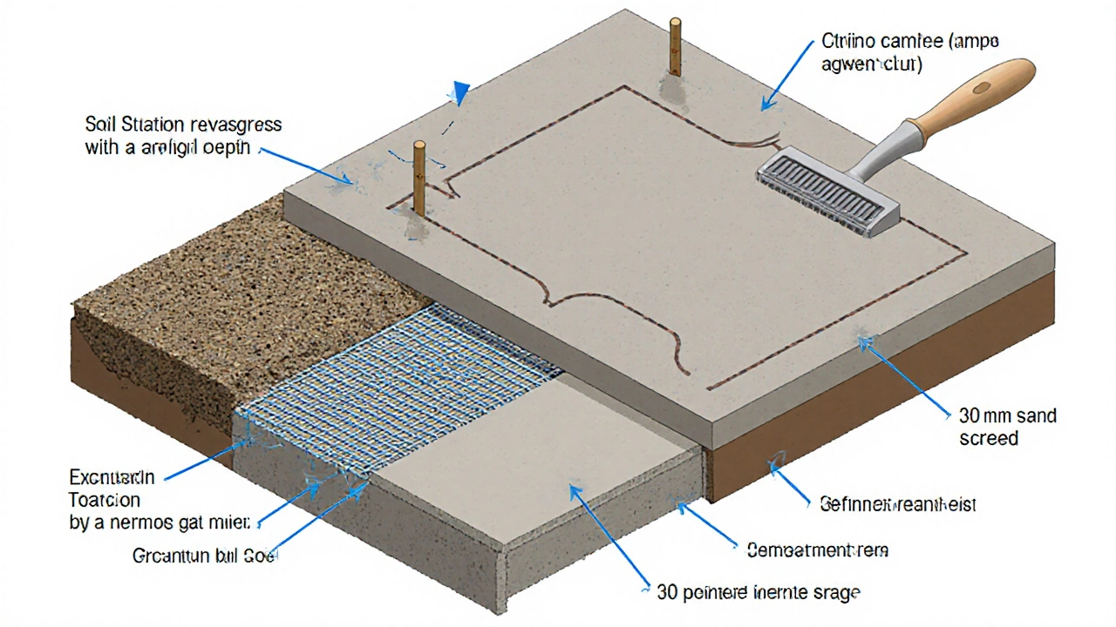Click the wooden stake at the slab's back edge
(674, 48)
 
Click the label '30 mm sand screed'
(1008, 426)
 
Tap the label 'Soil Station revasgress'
(184, 125)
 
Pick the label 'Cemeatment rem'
(817, 549)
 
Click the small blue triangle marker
(460, 93)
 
